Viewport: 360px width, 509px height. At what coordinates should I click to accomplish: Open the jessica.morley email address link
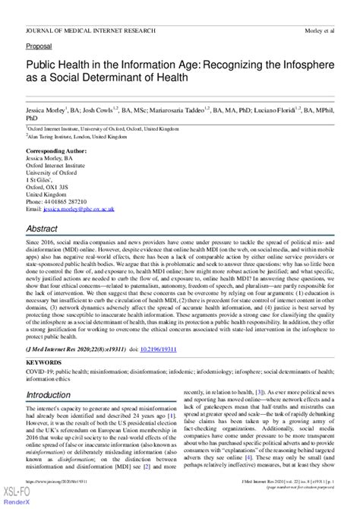tap(80, 207)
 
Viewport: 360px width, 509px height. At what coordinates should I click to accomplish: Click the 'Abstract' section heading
tap(44, 229)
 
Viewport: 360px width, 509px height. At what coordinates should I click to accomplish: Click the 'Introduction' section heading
tap(53, 397)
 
